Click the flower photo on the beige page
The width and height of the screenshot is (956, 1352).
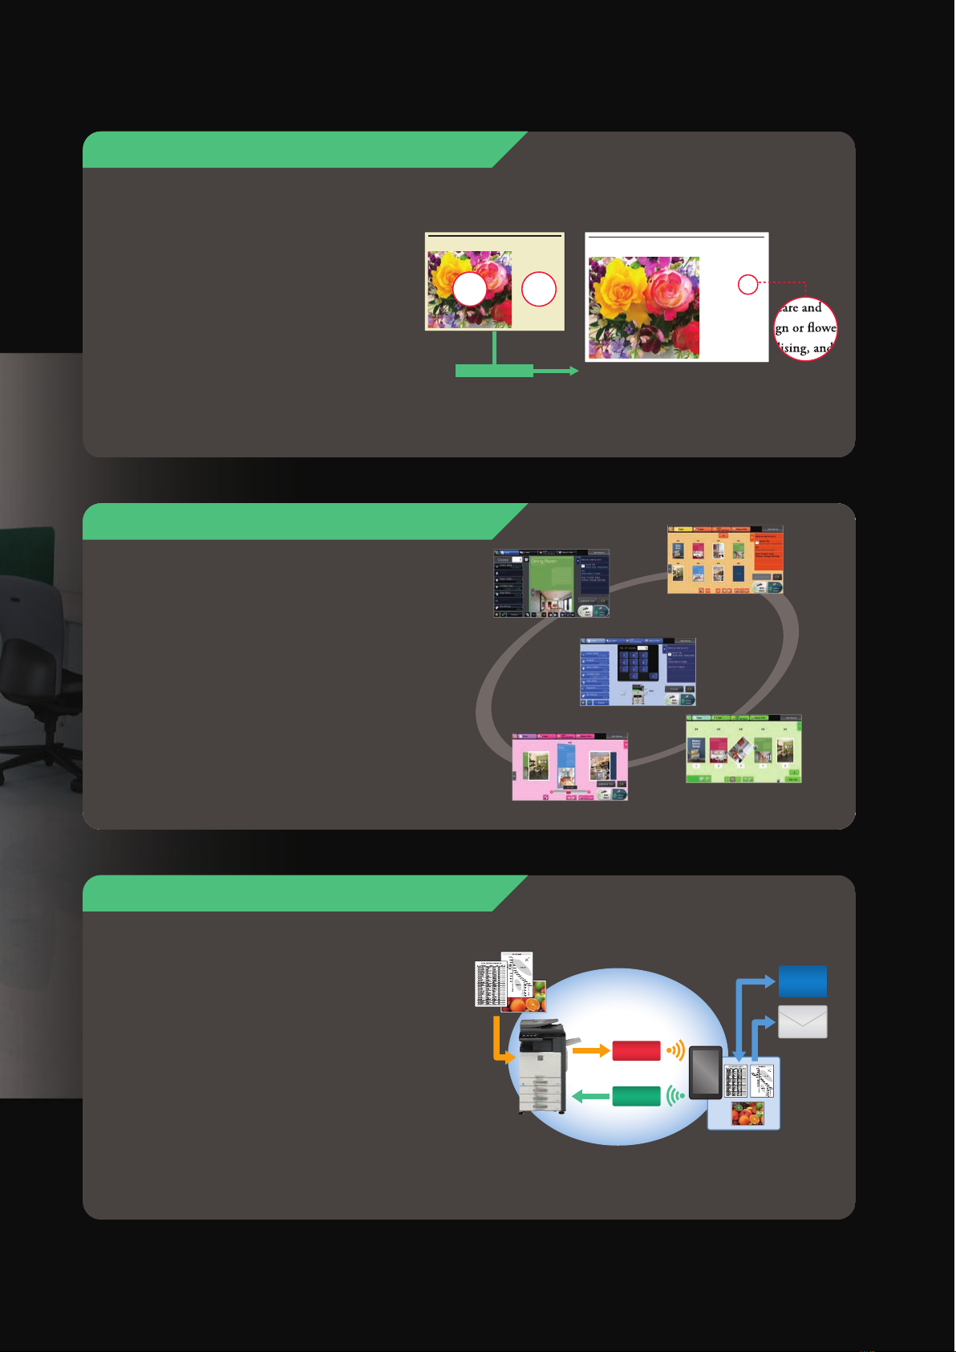point(469,289)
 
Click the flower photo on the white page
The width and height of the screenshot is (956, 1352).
point(644,307)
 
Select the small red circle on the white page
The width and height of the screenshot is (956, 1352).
point(747,284)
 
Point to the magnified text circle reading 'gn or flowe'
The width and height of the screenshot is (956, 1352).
point(805,328)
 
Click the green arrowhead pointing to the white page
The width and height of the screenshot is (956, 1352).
point(573,371)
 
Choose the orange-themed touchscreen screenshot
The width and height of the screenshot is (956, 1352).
point(725,560)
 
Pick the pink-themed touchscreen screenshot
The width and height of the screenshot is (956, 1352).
point(570,767)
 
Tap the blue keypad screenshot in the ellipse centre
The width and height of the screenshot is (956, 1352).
point(638,672)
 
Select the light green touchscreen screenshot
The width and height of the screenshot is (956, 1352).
point(743,749)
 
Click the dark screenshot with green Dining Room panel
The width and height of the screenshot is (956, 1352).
point(551,583)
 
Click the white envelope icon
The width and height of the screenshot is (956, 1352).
point(803,1022)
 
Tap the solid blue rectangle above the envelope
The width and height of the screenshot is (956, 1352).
point(803,981)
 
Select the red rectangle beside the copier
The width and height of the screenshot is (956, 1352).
point(636,1050)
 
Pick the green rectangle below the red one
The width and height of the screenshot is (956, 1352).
point(636,1096)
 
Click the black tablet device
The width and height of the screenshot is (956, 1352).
point(705,1073)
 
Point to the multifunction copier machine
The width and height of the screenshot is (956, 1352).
point(542,1067)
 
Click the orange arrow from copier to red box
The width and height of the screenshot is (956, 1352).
point(591,1050)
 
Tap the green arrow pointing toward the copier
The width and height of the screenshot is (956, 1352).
point(591,1096)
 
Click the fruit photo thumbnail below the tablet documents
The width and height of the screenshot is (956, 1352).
point(747,1114)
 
